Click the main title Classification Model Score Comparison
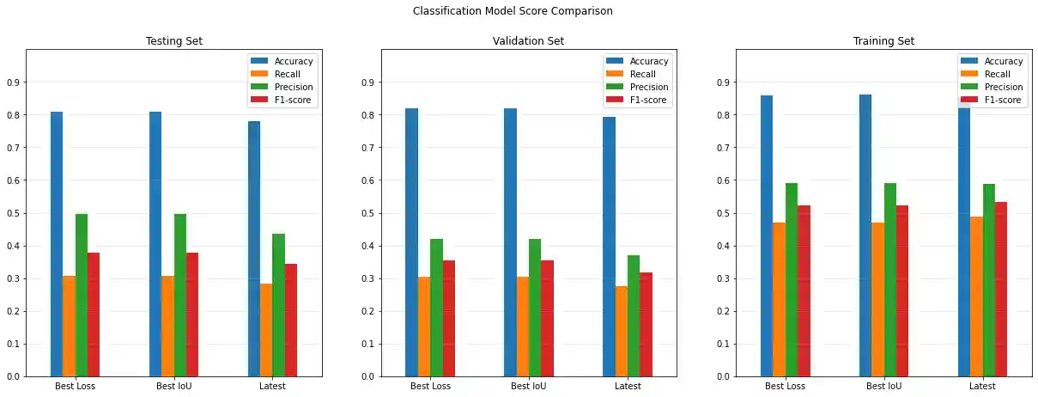513,11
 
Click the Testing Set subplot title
173,41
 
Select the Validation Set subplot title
528,41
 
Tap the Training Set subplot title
883,41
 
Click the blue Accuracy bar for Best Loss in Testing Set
57,244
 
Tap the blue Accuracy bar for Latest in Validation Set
609,247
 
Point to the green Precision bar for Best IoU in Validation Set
535,308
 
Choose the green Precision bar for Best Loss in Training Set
792,279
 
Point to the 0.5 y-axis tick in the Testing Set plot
13,213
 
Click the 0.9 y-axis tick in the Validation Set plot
368,82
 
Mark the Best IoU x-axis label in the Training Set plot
883,386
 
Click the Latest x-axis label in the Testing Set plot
272,386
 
